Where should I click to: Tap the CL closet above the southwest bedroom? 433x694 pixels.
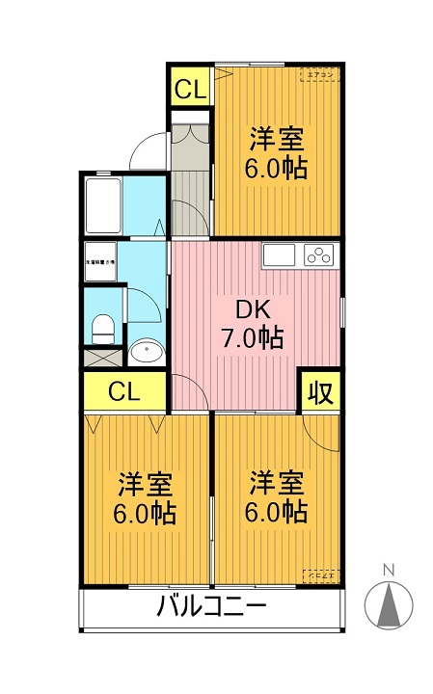point(123,392)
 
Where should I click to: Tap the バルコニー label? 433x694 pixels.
point(210,608)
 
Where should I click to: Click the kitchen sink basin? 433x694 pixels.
point(280,255)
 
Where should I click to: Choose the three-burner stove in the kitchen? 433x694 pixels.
point(318,255)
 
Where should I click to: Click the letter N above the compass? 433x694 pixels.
point(389,570)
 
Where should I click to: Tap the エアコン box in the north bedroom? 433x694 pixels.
point(318,74)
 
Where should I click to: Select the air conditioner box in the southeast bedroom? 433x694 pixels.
point(318,575)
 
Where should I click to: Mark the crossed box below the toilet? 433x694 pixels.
point(101,356)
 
